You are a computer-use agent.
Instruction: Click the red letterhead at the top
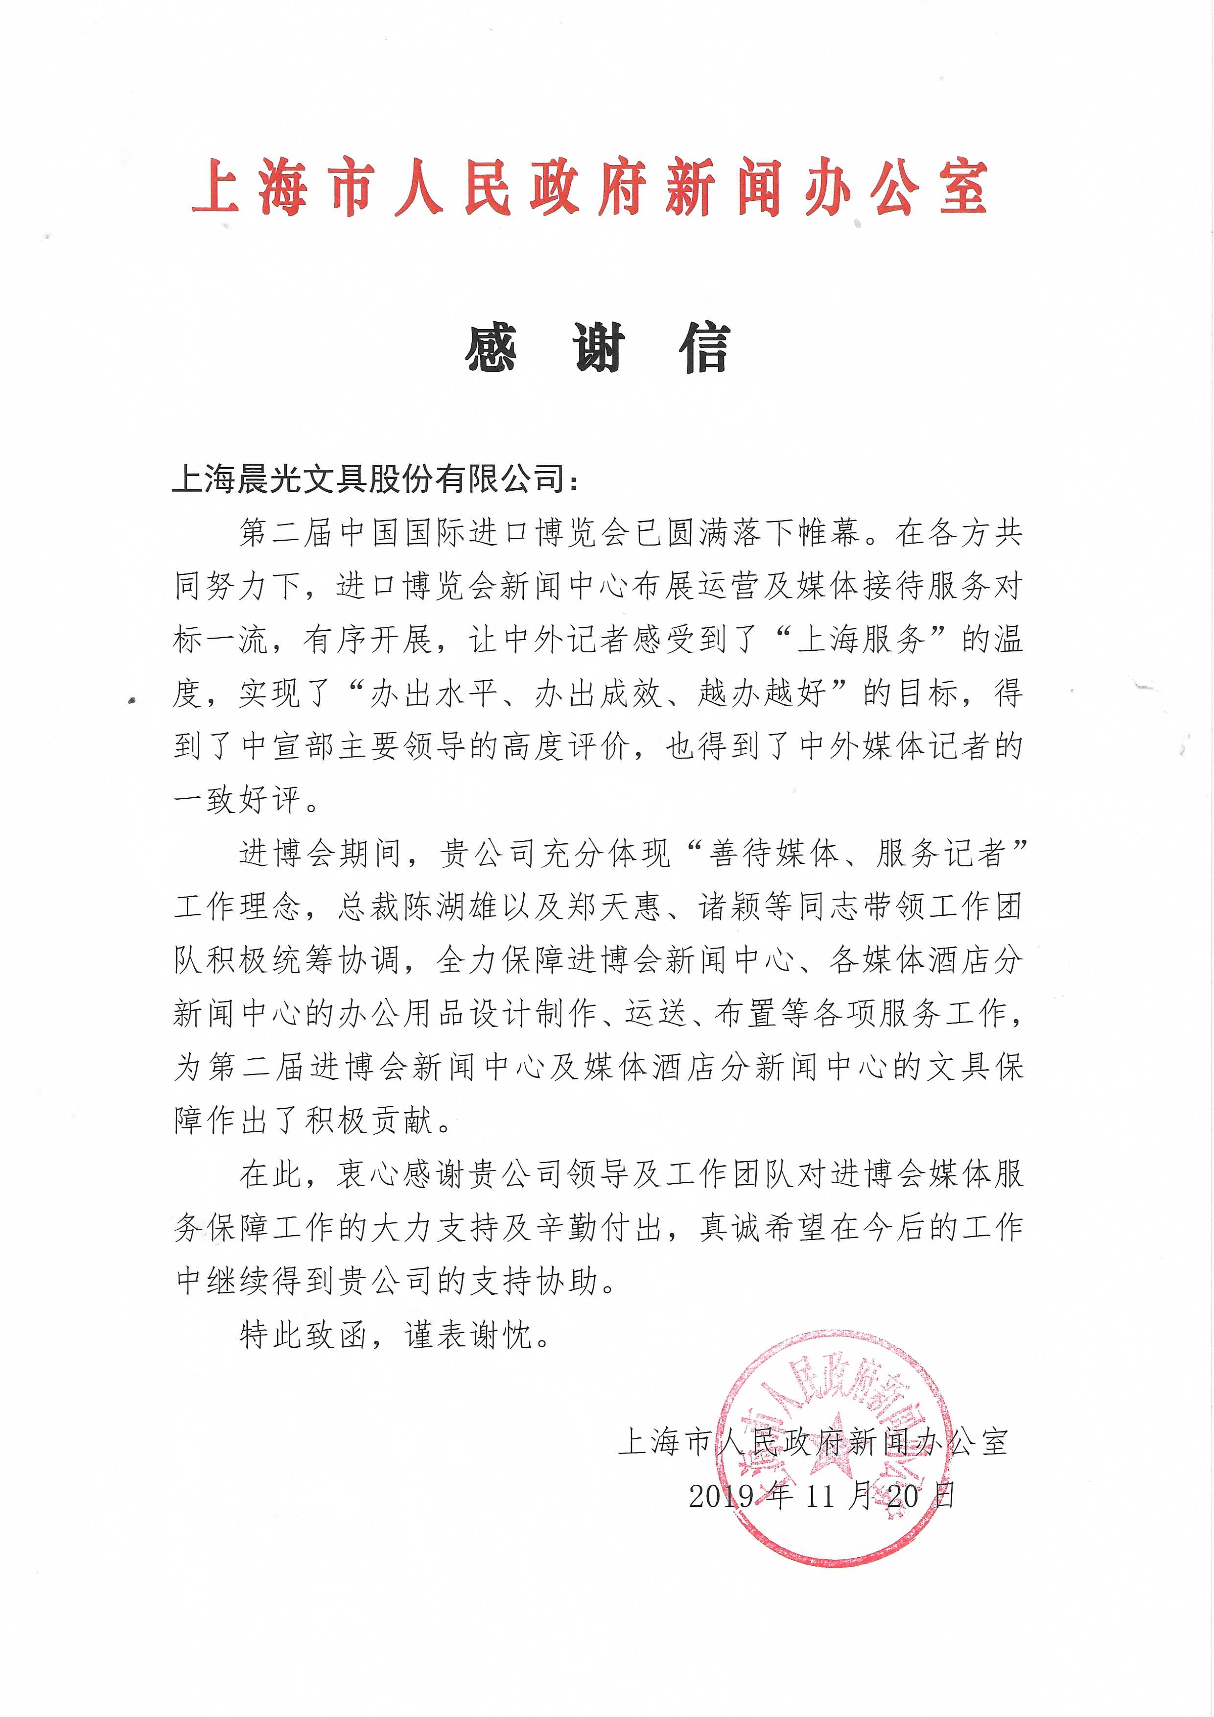pyautogui.click(x=590, y=187)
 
